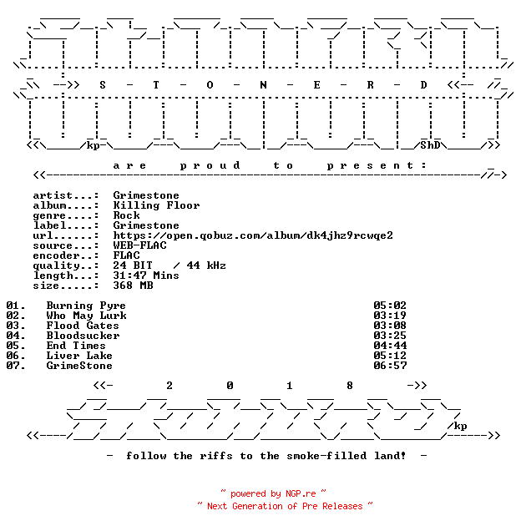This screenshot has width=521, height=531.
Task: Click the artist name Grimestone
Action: (146, 195)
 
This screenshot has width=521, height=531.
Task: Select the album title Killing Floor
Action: (156, 205)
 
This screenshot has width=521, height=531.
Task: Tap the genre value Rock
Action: (126, 215)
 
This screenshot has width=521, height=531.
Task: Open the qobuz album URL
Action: (253, 235)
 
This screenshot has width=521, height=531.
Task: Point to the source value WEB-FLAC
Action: (140, 245)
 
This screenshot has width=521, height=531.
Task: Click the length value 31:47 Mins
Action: (146, 276)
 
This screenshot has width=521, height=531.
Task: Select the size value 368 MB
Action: (133, 286)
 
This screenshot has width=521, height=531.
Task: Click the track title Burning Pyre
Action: (86, 306)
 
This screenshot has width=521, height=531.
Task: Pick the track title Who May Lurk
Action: (86, 316)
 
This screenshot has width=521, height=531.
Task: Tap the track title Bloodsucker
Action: (83, 336)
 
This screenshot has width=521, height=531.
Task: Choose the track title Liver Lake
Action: (79, 356)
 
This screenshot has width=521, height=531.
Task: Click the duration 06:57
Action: (390, 366)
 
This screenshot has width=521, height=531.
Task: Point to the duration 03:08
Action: (390, 326)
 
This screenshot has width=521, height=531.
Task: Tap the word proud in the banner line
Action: (210, 165)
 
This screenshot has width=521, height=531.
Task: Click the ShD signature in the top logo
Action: (430, 145)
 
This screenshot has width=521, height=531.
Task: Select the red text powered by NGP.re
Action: (273, 494)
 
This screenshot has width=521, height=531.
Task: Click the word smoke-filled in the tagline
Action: (326, 456)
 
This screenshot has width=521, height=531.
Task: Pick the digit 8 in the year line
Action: (350, 386)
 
